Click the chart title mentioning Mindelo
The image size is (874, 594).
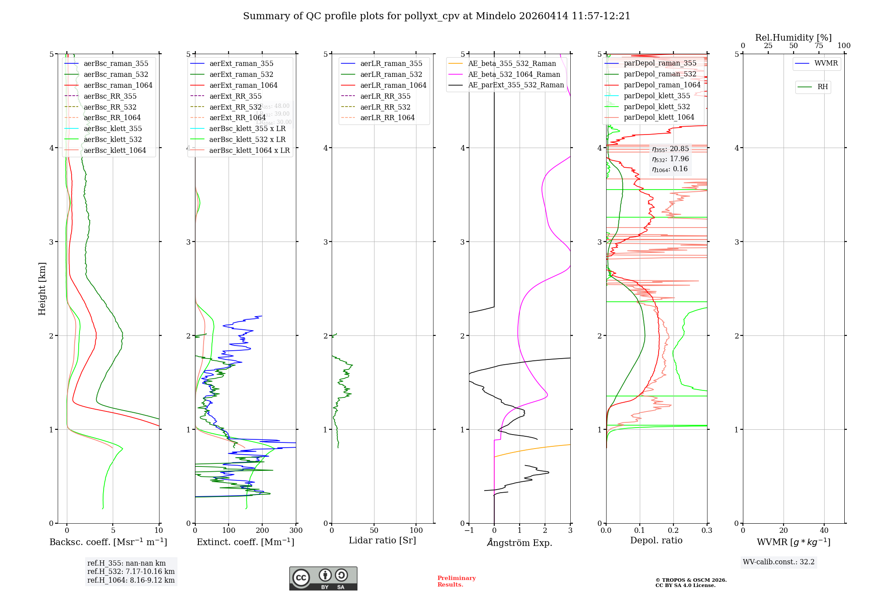437,16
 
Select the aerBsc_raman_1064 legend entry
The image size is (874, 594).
118,85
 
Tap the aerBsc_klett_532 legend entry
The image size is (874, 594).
112,139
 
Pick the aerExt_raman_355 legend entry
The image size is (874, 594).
241,63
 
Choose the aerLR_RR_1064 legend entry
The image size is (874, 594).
387,117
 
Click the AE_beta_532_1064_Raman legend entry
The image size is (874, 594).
514,74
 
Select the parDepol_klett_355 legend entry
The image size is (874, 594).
657,96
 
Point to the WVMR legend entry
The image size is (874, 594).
826,63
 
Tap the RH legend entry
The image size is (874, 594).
822,87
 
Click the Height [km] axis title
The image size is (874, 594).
42,289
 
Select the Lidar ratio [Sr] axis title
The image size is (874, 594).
382,540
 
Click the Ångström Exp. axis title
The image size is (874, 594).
520,542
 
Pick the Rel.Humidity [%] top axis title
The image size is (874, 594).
793,38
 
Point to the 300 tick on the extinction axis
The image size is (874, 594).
296,531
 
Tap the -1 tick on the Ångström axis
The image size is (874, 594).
469,531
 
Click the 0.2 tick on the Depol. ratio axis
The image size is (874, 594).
673,531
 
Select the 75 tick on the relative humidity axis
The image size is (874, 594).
819,46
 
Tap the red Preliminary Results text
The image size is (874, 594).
457,581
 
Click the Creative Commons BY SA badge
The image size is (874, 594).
323,579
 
